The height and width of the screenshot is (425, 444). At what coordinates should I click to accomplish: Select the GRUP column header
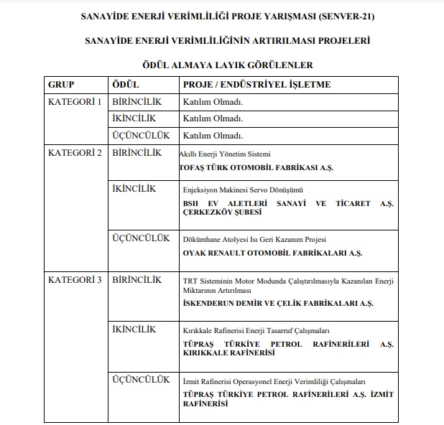pyautogui.click(x=62, y=85)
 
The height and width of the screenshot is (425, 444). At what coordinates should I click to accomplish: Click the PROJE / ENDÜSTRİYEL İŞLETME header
pyautogui.click(x=256, y=85)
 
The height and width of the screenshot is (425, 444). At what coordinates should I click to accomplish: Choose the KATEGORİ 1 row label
pyautogui.click(x=75, y=102)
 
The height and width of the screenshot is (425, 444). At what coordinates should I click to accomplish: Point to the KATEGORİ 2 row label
pyautogui.click(x=75, y=152)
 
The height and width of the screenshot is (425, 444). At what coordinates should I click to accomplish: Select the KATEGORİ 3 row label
pyautogui.click(x=75, y=279)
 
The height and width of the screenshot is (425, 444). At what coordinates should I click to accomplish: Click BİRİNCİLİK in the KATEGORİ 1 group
pyautogui.click(x=137, y=102)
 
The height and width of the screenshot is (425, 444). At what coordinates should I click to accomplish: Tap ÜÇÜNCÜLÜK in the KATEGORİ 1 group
pyautogui.click(x=142, y=135)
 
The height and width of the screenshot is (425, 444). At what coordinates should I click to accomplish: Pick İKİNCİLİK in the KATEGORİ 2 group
pyautogui.click(x=134, y=189)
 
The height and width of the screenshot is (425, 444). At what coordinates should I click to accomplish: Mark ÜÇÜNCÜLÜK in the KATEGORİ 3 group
pyautogui.click(x=142, y=379)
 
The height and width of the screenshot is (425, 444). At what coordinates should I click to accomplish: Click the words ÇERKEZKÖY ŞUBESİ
pyautogui.click(x=223, y=212)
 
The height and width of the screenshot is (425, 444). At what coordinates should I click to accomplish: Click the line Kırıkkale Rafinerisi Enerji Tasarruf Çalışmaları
pyautogui.click(x=256, y=331)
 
